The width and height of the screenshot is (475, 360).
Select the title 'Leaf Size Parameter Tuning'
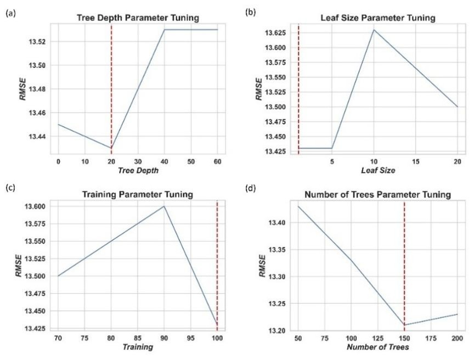(377, 18)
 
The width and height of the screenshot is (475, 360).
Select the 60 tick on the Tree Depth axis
(217, 162)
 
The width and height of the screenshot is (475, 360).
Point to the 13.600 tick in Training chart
(36, 206)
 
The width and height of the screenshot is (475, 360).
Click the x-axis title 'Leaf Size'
(377, 171)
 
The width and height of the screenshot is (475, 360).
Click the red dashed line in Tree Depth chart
(111, 82)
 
